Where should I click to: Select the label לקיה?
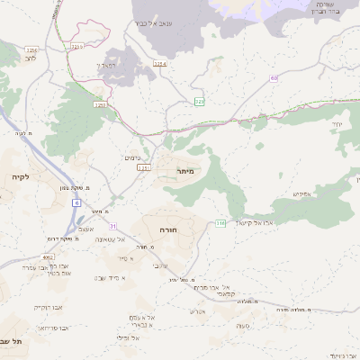(x=22, y=177)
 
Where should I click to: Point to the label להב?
(x=31, y=58)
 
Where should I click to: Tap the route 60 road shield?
(x=274, y=79)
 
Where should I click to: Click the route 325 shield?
(x=200, y=102)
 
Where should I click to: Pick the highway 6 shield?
(x=76, y=203)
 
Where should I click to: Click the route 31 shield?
(x=113, y=225)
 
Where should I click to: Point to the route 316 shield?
(x=220, y=222)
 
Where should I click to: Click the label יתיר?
(x=337, y=122)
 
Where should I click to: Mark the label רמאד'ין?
(x=106, y=66)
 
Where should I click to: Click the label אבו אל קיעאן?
(x=262, y=221)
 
